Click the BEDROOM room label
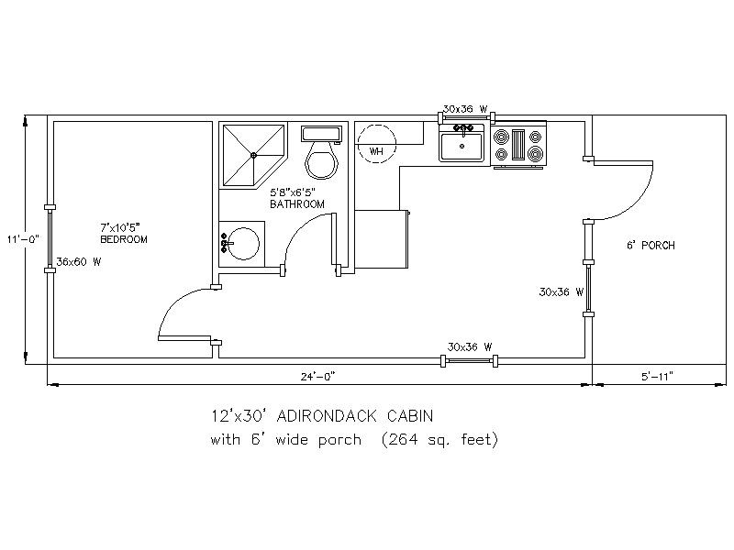tap(124, 239)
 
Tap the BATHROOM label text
tap(296, 204)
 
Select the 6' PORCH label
tap(651, 246)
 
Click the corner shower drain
tap(253, 155)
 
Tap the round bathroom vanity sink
tap(242, 244)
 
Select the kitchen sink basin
tap(462, 147)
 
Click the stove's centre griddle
tap(518, 145)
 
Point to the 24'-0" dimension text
tap(318, 377)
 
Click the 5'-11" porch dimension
tap(656, 376)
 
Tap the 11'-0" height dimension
tap(23, 239)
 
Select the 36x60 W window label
tap(79, 262)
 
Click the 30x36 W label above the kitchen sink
tap(465, 109)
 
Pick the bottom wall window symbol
tap(470, 361)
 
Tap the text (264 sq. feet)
tap(439, 440)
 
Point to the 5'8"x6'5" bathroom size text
tap(293, 192)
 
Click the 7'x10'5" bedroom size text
tap(120, 227)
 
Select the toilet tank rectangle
tap(321, 133)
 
